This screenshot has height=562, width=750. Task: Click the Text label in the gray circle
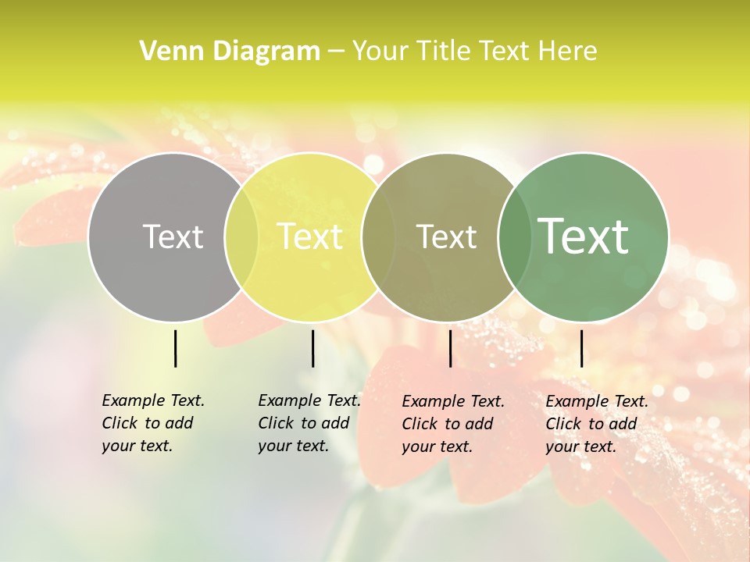[x=173, y=237]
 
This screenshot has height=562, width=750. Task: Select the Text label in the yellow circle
[x=310, y=237]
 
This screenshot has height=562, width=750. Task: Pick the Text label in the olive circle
[x=446, y=237]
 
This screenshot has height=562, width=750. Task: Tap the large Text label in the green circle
[x=584, y=236]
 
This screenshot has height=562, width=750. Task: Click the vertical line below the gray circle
[x=175, y=348]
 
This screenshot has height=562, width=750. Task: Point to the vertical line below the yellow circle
[x=312, y=348]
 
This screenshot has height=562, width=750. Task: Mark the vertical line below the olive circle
[x=450, y=348]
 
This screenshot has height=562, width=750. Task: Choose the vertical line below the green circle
[x=581, y=348]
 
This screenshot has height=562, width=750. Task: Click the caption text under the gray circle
[x=152, y=423]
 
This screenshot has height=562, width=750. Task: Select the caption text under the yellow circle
[x=309, y=423]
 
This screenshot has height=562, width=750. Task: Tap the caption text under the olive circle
[x=452, y=424]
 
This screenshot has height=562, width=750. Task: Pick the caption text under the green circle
[x=596, y=424]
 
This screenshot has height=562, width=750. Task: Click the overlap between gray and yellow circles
[x=241, y=237]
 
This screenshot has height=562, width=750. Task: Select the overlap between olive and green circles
[x=513, y=237]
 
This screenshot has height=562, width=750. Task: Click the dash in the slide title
[x=336, y=52]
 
